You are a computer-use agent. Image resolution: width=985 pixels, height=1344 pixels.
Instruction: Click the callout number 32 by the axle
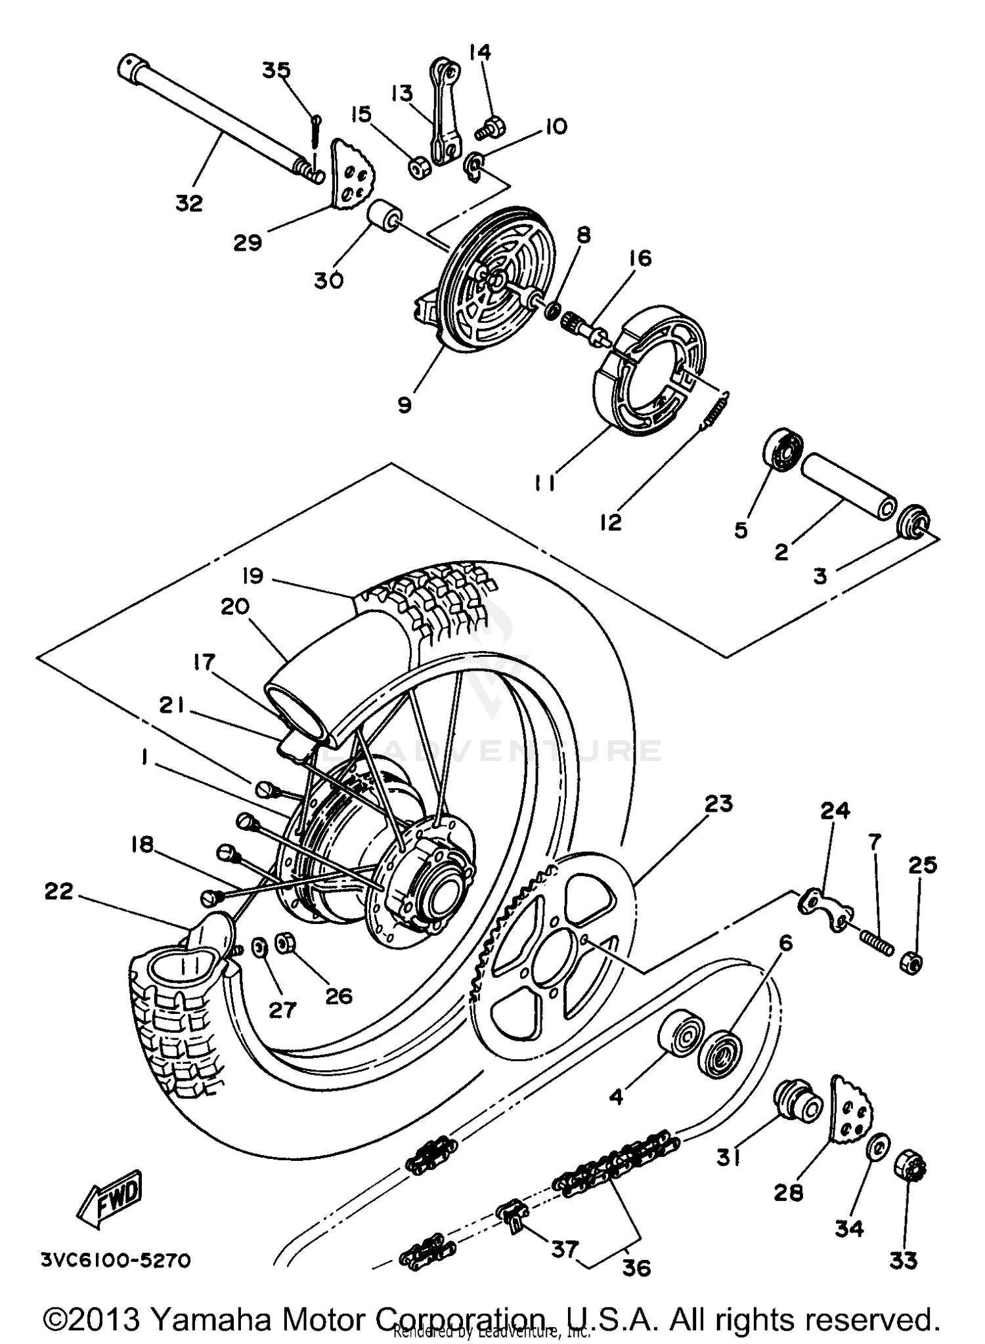click(189, 204)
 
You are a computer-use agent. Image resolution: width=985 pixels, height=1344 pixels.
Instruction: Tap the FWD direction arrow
click(110, 1197)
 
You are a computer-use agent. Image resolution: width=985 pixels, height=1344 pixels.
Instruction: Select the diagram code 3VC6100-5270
click(116, 1259)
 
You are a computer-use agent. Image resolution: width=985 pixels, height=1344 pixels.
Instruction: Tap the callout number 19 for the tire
click(252, 576)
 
